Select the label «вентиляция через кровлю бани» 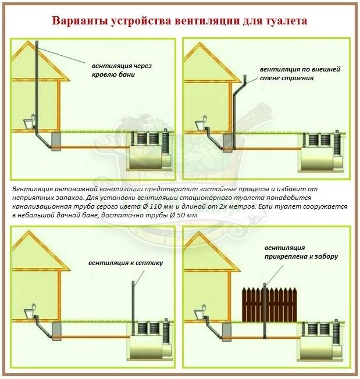coord(122,70)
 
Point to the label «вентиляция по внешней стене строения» coord(300,73)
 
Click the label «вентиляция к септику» coord(126,263)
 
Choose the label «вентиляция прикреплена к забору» coord(301,252)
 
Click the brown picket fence coord(269,305)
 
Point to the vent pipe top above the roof coord(37,44)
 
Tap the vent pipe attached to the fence coord(265,310)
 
